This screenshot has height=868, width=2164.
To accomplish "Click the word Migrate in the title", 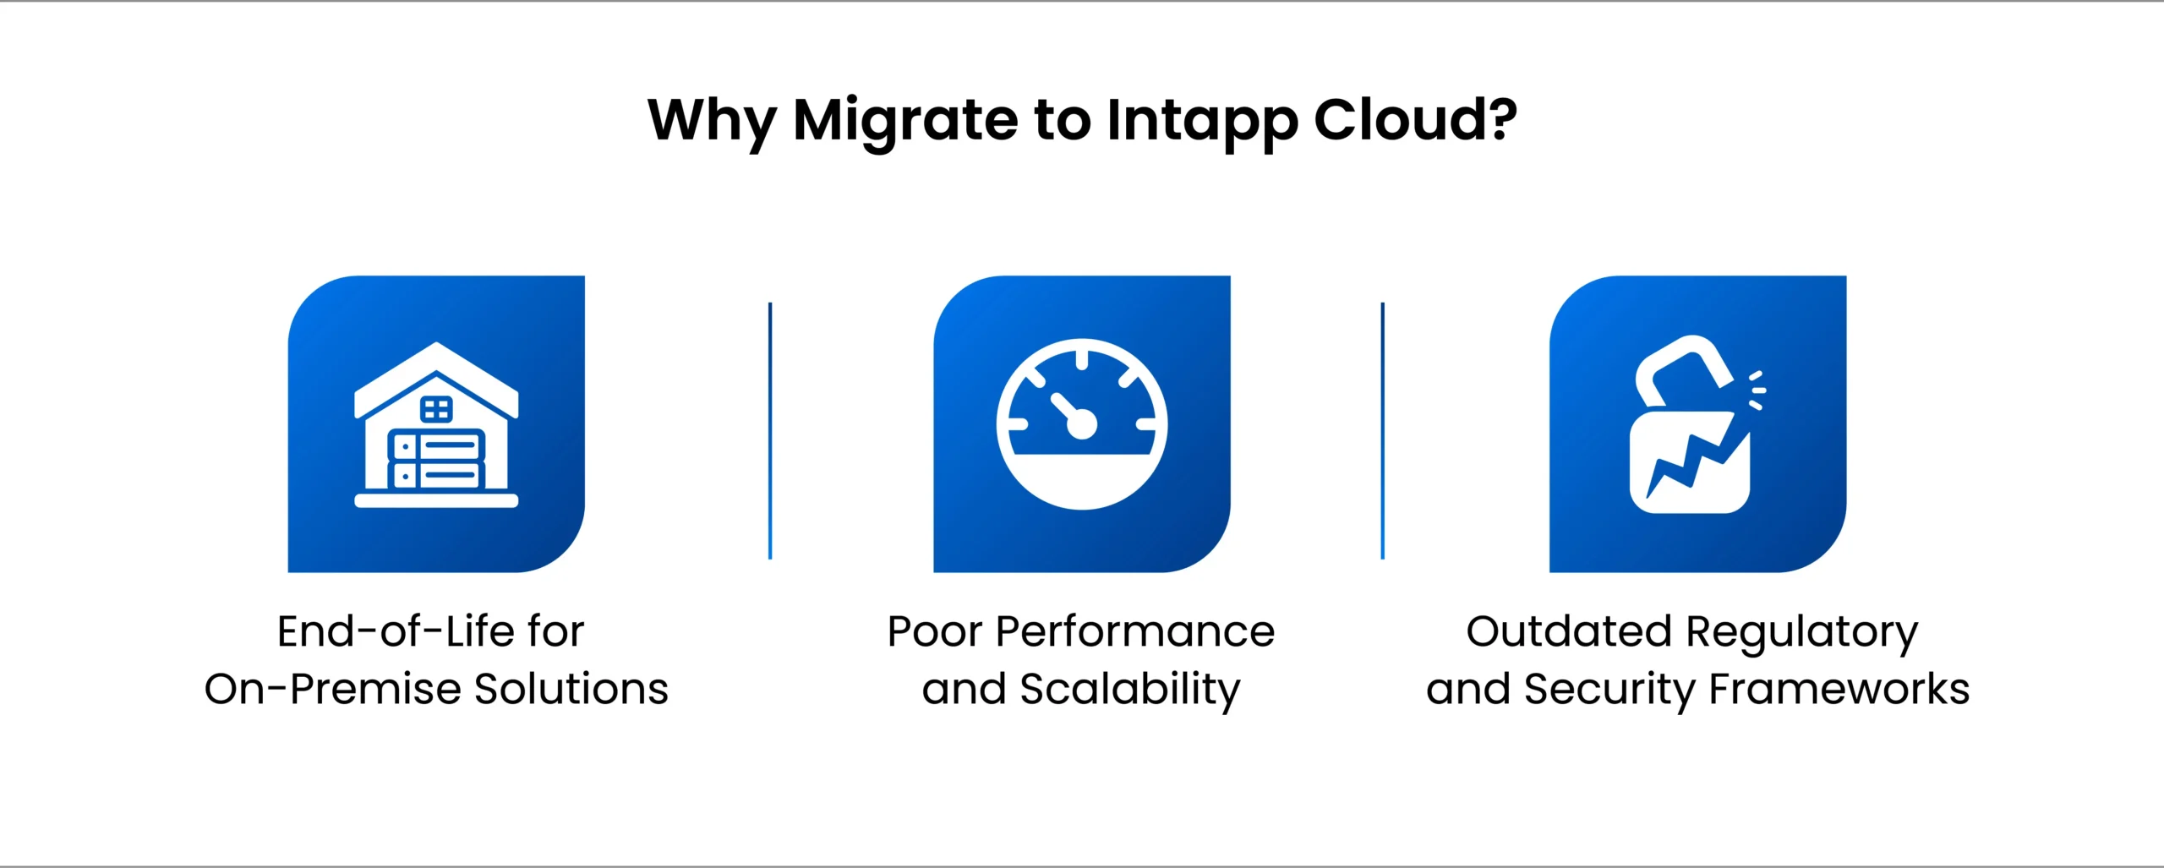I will coord(905,121).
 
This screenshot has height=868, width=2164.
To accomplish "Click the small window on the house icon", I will coord(436,410).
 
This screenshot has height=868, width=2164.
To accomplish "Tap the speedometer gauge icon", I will coord(1081,424).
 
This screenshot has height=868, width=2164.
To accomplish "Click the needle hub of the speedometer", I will coord(1082,424).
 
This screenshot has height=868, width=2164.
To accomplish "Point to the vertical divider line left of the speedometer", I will coord(770,430).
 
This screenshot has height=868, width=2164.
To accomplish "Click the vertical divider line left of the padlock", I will coord(1382,430).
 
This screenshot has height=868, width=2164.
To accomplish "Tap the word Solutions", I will coord(571,689).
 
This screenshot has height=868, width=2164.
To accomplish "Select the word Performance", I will coord(1134,631).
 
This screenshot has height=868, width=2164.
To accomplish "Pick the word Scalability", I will coord(1129,690).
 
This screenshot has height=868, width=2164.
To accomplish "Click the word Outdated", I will coord(1569,631).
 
